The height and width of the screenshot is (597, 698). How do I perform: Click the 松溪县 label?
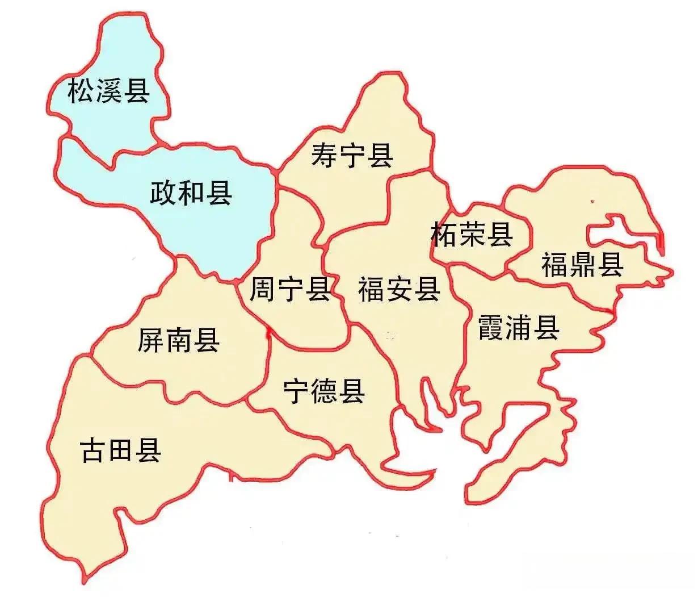pos(108,91)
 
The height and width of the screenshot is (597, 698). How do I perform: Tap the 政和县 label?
pos(191,193)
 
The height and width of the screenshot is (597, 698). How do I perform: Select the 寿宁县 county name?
pos(352,155)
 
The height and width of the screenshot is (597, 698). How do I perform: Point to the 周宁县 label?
pos(291,289)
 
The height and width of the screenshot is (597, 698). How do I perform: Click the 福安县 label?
pos(399,289)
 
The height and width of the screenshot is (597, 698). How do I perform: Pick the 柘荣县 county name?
pos(472,234)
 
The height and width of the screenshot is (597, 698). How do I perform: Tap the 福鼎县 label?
pos(582,265)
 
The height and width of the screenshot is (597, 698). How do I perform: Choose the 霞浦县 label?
pos(519,328)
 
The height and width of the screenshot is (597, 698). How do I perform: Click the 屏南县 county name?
pos(179,340)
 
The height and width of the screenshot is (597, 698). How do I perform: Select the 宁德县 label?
pos(324,391)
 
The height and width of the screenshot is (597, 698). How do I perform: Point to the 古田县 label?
pos(121,450)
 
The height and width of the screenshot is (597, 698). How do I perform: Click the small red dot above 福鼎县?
pos(592,201)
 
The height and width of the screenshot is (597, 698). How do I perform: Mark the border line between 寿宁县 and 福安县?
pos(409,173)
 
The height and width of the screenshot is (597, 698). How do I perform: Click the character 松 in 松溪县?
pos(81,91)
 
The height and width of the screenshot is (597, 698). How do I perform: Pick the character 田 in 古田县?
pos(121,450)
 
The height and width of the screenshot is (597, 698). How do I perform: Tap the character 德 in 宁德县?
pos(324,391)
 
